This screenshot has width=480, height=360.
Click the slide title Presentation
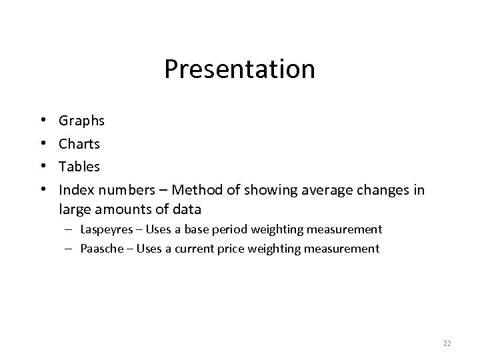[x=239, y=69]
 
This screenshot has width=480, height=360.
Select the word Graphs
[x=81, y=121]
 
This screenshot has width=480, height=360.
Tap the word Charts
[x=79, y=143]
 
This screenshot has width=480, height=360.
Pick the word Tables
[x=79, y=165]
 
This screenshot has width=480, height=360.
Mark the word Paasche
[x=102, y=249]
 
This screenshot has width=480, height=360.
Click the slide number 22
[x=447, y=343]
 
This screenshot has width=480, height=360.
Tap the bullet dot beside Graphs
[x=43, y=121]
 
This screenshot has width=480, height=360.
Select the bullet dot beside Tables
[x=43, y=165]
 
